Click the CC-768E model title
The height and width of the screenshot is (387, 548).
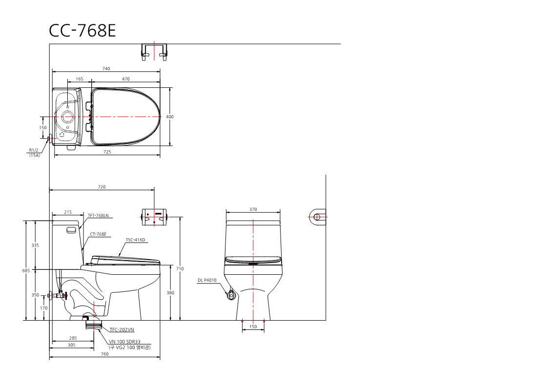[x=82, y=31]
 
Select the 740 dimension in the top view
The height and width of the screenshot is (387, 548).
[x=106, y=69]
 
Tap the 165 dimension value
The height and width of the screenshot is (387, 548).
[x=80, y=79]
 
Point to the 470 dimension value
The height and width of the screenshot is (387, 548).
[x=126, y=79]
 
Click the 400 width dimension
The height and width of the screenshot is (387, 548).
[x=169, y=117]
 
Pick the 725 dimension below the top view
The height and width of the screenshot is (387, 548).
[x=107, y=152]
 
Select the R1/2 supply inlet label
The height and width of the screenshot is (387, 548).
[x=34, y=151]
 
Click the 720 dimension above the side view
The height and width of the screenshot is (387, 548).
[x=101, y=187]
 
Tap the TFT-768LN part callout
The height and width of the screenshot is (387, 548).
[x=98, y=216]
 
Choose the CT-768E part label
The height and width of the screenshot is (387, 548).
[x=98, y=234]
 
